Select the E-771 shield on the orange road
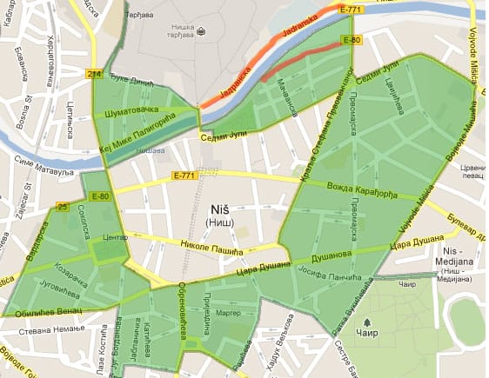352,10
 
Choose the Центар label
115,235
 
